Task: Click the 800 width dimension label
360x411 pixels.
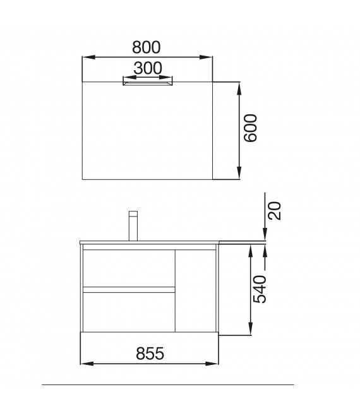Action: (147, 47)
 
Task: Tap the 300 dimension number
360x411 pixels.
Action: (147, 68)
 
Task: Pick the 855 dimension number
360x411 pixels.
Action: (150, 354)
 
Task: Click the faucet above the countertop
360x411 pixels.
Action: (133, 225)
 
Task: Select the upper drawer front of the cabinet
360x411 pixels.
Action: (129, 268)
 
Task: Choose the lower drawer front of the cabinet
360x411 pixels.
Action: (129, 311)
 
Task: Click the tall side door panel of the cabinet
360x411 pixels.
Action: (196, 289)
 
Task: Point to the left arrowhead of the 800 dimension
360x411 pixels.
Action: (87, 57)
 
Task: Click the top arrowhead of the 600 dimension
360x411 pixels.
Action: (239, 86)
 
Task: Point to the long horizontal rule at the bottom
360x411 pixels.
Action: (168, 384)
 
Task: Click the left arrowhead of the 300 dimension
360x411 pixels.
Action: (126, 78)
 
